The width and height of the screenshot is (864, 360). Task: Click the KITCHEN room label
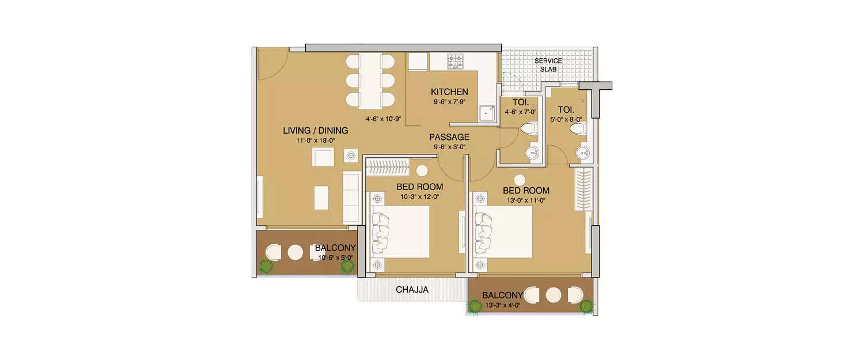pyautogui.click(x=449, y=92)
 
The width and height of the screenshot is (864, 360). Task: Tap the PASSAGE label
pyautogui.click(x=449, y=137)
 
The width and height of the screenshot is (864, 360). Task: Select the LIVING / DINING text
pyautogui.click(x=315, y=131)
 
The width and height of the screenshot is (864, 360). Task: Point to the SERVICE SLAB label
pyautogui.click(x=548, y=65)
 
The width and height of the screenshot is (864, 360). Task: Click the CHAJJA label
pyautogui.click(x=412, y=290)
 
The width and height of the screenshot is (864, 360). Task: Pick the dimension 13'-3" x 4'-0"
pyautogui.click(x=502, y=305)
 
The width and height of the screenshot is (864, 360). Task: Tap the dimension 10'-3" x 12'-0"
pyautogui.click(x=419, y=196)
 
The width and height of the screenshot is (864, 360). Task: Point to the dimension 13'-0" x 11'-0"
pyautogui.click(x=525, y=200)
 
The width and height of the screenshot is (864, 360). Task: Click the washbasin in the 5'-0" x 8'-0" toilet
pyautogui.click(x=582, y=152)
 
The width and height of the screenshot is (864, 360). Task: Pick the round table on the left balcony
pyautogui.click(x=295, y=252)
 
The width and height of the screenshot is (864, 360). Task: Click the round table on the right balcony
pyautogui.click(x=554, y=295)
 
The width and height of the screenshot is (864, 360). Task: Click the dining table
pyautogui.click(x=370, y=81)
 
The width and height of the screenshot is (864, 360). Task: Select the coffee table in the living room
pyautogui.click(x=321, y=198)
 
